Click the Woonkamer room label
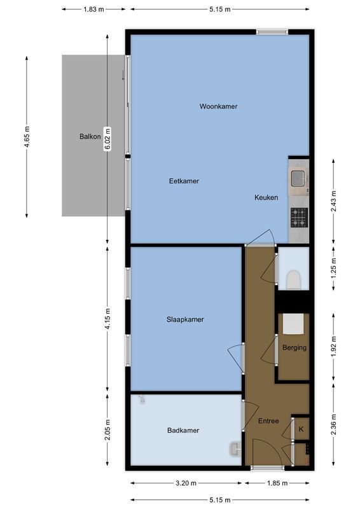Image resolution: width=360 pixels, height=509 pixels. pos(218,106)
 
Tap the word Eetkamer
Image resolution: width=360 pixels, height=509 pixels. pos(184,181)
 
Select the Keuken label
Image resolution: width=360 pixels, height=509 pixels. pos(266,197)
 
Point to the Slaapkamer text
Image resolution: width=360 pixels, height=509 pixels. pos(185,319)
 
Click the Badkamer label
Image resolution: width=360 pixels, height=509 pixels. pos(183,430)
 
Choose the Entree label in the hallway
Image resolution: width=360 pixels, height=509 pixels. pos(268,421)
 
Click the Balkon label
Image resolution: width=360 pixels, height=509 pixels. pos(90,136)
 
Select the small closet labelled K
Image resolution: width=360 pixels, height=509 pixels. pos(301,429)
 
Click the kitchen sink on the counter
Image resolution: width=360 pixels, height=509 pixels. pos(298,178)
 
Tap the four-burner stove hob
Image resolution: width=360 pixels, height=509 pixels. pos(298,218)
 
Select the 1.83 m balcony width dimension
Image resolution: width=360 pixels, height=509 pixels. pos(94,10)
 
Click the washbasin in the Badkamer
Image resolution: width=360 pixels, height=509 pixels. pos(236,449)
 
